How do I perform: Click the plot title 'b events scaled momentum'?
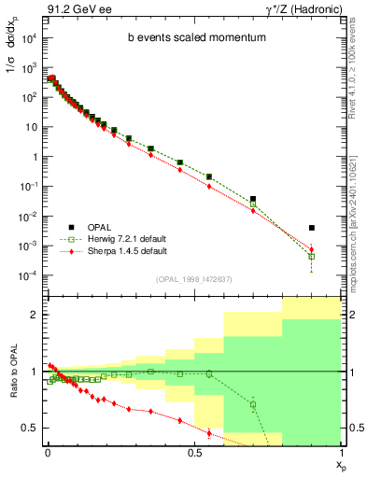pyautogui.click(x=191, y=38)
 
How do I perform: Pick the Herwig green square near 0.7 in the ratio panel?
pyautogui.click(x=253, y=404)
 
